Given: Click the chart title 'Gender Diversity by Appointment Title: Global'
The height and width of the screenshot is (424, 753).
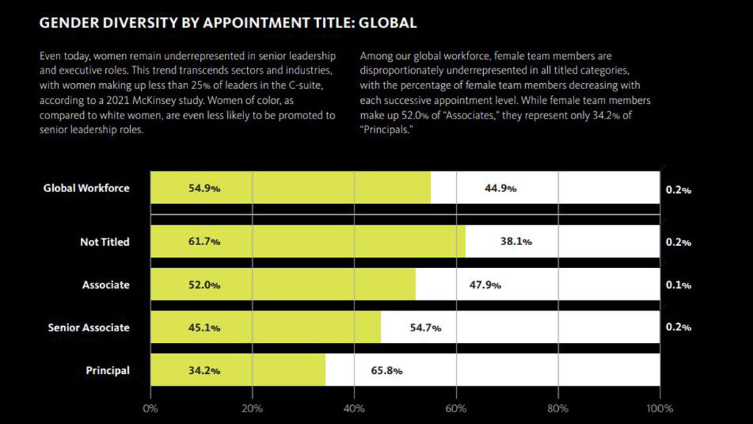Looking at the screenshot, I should click(x=228, y=23).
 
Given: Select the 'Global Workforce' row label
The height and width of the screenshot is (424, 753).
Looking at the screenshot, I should click(x=86, y=188).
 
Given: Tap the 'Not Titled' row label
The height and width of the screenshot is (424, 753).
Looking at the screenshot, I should click(x=104, y=241).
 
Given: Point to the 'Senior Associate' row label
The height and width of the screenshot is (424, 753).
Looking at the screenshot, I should click(x=88, y=328).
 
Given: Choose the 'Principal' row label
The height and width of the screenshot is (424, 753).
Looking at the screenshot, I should click(x=107, y=370).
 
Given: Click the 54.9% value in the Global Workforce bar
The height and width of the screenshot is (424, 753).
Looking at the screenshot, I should click(x=204, y=188).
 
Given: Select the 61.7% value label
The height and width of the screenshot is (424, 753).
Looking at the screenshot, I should click(x=204, y=241).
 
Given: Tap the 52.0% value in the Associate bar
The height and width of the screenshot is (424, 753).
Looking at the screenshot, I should click(x=204, y=285).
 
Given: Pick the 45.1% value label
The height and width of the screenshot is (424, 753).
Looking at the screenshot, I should click(x=204, y=328).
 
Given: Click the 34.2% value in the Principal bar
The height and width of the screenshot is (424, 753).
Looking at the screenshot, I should click(x=204, y=370).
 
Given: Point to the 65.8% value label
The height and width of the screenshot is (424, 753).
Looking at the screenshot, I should click(x=387, y=370).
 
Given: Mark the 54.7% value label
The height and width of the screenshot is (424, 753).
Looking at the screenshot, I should click(x=426, y=328).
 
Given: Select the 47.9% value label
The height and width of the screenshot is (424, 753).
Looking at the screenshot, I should click(x=485, y=285).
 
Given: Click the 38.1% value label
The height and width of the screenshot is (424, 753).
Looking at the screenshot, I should click(x=516, y=241).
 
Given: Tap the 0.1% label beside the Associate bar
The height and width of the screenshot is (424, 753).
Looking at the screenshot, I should click(x=678, y=285).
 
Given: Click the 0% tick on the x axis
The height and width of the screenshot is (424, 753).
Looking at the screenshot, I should click(x=150, y=409).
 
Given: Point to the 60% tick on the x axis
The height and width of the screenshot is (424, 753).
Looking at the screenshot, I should click(x=456, y=409).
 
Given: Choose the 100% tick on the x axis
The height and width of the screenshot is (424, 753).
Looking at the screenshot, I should click(x=659, y=409).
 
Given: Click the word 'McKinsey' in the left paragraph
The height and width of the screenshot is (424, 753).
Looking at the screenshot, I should click(x=224, y=102).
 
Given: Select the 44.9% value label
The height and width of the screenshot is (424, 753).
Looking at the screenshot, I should click(x=500, y=188).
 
